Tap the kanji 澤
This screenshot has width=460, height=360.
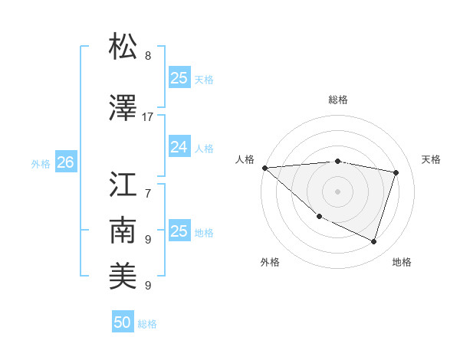(123, 107)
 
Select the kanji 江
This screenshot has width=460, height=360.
(123, 185)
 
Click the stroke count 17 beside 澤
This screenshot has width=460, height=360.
(148, 117)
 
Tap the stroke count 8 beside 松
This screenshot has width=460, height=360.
(148, 56)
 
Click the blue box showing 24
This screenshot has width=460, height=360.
(179, 148)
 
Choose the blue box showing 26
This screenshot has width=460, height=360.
(65, 162)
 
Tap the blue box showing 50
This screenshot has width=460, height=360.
(123, 322)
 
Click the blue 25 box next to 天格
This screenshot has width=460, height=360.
(179, 78)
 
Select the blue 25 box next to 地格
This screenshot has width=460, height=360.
(179, 231)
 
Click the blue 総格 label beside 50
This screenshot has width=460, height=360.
(147, 324)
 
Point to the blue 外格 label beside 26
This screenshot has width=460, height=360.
(41, 163)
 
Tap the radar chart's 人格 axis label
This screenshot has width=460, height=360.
(245, 159)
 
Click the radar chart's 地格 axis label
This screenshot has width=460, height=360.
(402, 262)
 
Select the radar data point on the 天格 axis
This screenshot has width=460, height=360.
(396, 172)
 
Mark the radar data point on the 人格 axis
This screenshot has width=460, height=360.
(264, 168)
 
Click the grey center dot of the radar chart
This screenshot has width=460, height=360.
(337, 191)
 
